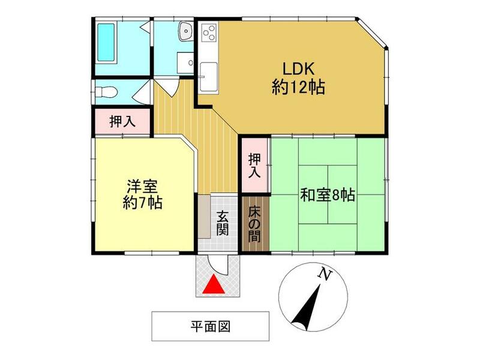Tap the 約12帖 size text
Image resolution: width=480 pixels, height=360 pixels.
pyautogui.click(x=298, y=88)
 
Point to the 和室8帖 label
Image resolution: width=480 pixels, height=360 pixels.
pyautogui.click(x=328, y=195)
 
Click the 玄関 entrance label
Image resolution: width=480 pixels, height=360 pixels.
pyautogui.click(x=222, y=223)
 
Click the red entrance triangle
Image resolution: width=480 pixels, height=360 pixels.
pyautogui.click(x=214, y=286)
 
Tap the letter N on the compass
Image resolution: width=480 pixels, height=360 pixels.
pyautogui.click(x=325, y=275)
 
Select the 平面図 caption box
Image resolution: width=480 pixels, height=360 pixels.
pyautogui.click(x=210, y=326)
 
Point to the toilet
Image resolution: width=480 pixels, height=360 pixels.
pyautogui.click(x=104, y=92)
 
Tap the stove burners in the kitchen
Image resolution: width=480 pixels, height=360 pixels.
pyautogui.click(x=210, y=32)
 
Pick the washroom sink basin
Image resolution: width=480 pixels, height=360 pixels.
pyautogui.click(x=184, y=30)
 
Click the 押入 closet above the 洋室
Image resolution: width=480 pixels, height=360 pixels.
pyautogui.click(x=122, y=122)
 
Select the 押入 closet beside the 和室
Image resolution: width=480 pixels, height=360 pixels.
pyautogui.click(x=254, y=163)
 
